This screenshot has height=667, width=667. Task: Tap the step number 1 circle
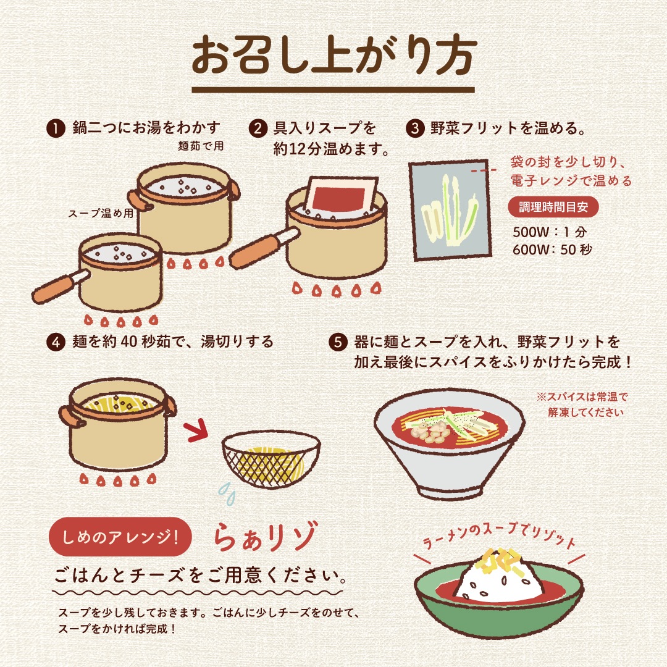point(56,128)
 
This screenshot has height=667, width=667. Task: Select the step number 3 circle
point(415,128)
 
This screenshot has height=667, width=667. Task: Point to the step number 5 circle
point(338,342)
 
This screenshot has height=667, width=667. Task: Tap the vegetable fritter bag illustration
point(450,210)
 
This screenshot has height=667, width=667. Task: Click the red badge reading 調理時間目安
point(553,207)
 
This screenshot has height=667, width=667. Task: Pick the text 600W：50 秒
point(552,250)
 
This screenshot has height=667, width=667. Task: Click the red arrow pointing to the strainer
point(196,431)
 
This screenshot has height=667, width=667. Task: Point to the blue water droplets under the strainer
point(227,493)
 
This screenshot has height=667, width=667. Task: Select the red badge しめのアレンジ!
point(120,537)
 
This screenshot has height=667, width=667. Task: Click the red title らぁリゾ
point(266,537)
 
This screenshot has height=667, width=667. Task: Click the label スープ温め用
point(101,213)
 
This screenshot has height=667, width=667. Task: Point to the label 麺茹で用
point(200,146)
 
